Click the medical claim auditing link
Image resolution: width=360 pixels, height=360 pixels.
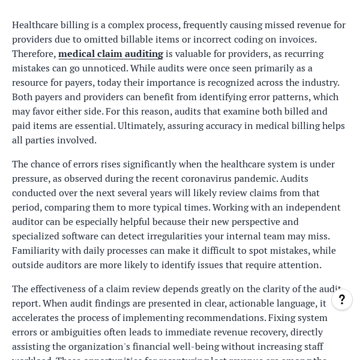110,54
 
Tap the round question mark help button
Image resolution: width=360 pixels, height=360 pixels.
342,299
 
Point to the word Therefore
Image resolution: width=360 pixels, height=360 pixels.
34,54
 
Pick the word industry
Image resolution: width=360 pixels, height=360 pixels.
317,83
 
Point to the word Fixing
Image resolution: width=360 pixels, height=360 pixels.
283,318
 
